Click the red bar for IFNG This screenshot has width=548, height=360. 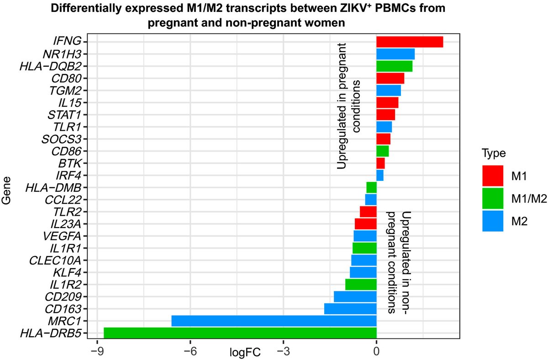click(410, 42)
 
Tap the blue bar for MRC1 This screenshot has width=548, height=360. click(274, 321)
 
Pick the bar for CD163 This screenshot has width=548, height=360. click(350, 309)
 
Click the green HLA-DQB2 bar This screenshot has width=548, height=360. click(394, 66)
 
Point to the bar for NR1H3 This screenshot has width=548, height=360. click(395, 54)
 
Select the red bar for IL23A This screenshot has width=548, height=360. click(365, 224)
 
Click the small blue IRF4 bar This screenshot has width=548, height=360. click(380, 175)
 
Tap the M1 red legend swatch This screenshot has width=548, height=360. click(493, 176)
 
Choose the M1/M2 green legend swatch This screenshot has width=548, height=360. click(493, 198)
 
